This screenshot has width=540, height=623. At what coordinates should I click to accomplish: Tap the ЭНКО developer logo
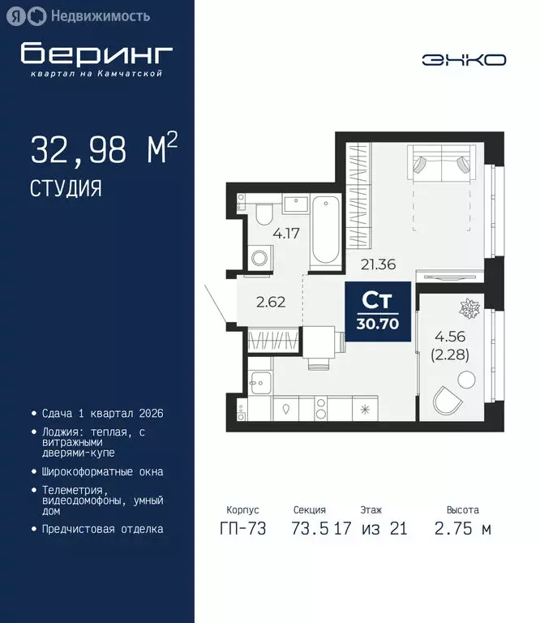(x=464, y=60)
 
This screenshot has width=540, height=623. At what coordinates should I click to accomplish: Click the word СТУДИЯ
(x=66, y=189)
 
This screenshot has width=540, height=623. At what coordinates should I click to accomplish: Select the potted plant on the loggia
(x=469, y=309)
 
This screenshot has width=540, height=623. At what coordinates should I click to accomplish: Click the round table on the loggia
(x=465, y=378)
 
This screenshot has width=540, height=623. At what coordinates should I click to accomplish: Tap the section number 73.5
(x=309, y=529)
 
